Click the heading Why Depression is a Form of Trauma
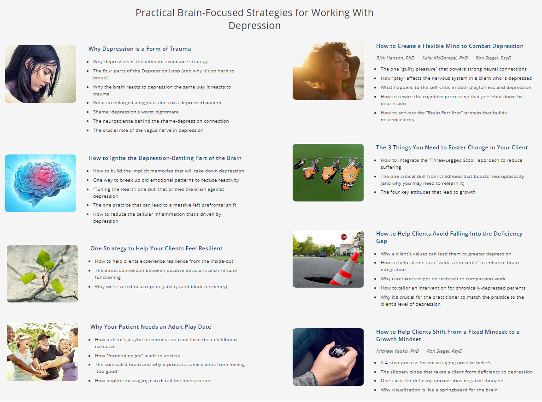coord(140,49)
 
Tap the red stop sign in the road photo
coord(344,237)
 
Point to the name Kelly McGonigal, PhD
coord(445,58)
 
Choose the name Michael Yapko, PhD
coord(397,351)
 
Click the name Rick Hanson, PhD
coord(395,58)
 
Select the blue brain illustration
coord(41,182)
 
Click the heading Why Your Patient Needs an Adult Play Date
coord(151,327)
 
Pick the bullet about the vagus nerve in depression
coord(148,130)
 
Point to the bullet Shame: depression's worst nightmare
coord(136,112)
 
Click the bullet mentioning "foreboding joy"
coord(137,356)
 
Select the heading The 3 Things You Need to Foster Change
coord(452,148)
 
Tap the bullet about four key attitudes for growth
coord(428,192)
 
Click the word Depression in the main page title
coord(254,25)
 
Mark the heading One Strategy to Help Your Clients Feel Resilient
coord(157,248)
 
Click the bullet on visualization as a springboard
coord(439,390)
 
